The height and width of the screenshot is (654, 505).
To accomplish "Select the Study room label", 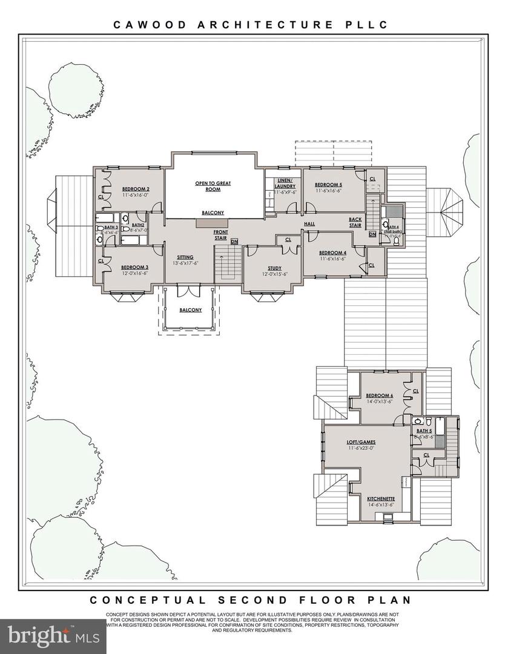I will pos(274,268).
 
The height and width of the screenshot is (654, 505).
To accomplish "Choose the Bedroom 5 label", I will pos(329,185).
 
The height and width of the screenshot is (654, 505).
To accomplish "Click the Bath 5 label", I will pos(423,431).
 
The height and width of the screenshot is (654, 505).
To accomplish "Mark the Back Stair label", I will pos(355,222).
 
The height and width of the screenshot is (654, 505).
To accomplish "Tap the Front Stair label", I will pos(220,234).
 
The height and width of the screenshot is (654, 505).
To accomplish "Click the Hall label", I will pos(309,223).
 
